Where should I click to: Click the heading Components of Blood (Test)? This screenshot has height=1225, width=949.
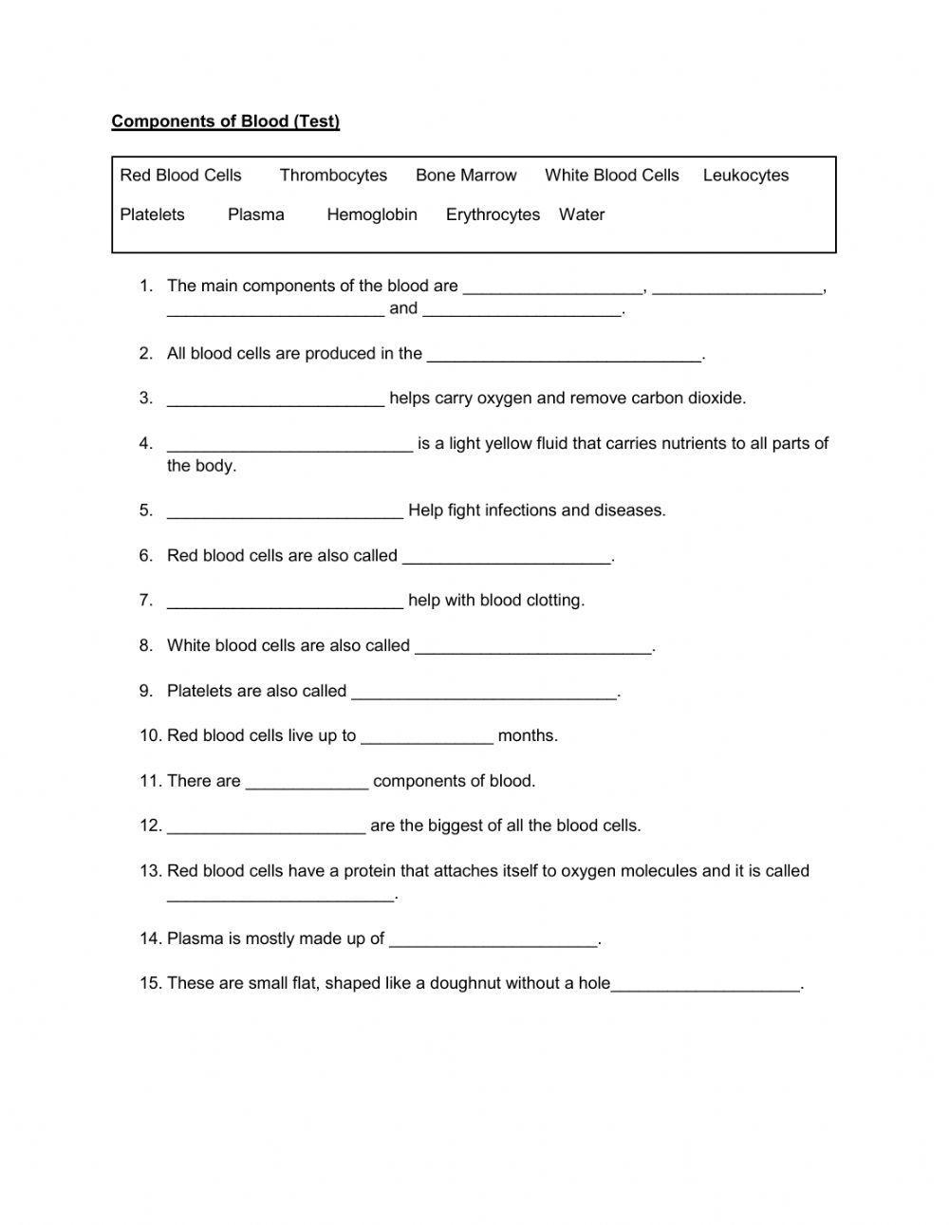[225, 121]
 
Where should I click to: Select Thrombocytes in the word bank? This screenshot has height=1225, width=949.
[333, 176]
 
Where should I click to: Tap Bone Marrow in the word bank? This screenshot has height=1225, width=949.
[466, 176]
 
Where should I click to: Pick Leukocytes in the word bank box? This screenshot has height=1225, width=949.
[746, 176]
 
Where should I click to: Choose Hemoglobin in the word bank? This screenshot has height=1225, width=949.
[372, 215]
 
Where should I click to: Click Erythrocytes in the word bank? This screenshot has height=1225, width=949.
[493, 215]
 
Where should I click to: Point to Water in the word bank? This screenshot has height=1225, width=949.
[582, 215]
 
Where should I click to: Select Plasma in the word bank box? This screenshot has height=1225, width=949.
[256, 215]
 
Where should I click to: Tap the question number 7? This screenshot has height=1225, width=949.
[145, 601]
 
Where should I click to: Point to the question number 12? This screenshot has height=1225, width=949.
[150, 826]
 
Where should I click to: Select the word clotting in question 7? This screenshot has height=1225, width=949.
[554, 601]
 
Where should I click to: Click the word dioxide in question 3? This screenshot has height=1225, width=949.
[716, 399]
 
